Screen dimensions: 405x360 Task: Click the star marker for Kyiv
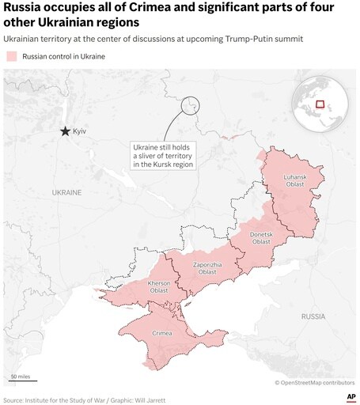[x=65, y=131]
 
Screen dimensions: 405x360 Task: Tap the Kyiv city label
[x=79, y=131]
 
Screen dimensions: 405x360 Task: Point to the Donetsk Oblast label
[x=261, y=238]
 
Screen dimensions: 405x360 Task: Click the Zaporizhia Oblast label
[x=207, y=268]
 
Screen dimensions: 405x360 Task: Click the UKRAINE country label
[x=66, y=192]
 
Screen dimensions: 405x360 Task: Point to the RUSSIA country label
[x=313, y=316]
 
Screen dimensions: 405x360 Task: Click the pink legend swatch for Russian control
[x=12, y=56]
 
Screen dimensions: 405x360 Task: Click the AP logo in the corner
[x=349, y=396]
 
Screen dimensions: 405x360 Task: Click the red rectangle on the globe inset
[x=320, y=104]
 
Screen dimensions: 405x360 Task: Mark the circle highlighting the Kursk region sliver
[x=190, y=105]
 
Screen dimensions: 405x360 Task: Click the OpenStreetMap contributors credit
[x=316, y=382]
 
